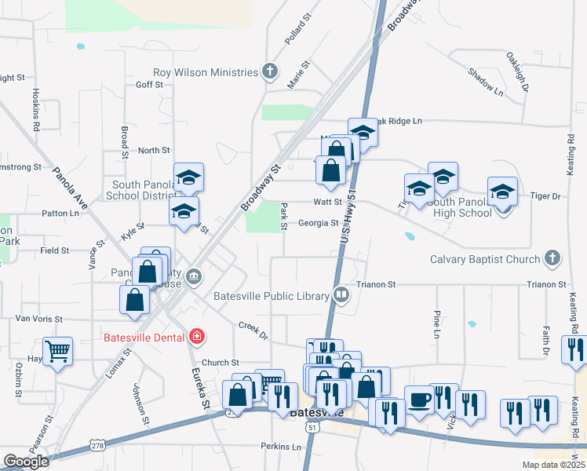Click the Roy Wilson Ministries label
[x=206, y=72]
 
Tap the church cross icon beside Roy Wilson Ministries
[x=271, y=73]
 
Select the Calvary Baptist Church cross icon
[x=552, y=258]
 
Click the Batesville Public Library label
[x=271, y=296]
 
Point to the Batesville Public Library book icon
[x=341, y=296]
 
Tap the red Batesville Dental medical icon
[x=197, y=338]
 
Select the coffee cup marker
[x=419, y=399]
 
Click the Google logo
[x=25, y=462]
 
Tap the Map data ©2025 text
[x=553, y=465]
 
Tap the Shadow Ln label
[x=485, y=82]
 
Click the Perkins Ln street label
[x=281, y=447]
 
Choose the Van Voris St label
[x=38, y=319]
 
